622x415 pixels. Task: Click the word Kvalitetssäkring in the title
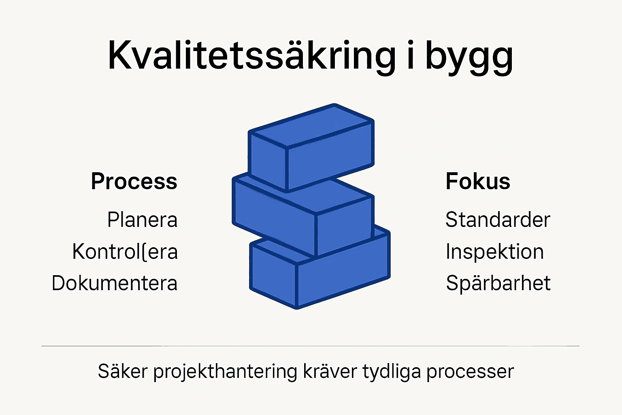point(251,56)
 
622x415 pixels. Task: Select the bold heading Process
point(134,182)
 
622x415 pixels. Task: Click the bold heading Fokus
point(478,181)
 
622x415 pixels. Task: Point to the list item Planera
point(142,220)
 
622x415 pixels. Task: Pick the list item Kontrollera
point(125,252)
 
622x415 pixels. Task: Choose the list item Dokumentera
point(115,283)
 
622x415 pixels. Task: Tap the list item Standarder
point(498,220)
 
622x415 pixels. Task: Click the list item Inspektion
point(494,252)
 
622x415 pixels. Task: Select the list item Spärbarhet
point(498,283)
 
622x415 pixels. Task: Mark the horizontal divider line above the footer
point(310,346)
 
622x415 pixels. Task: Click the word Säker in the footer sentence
point(123,371)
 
